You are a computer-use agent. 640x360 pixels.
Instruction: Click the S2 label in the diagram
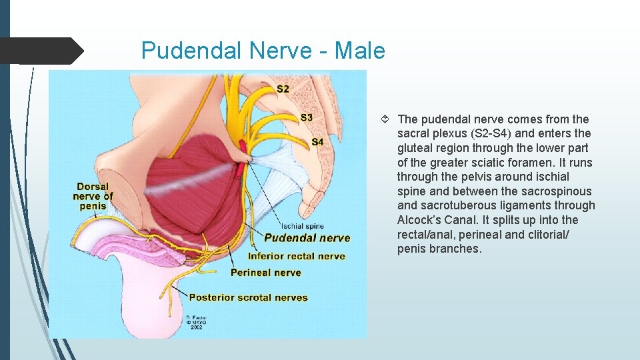[x=283, y=89]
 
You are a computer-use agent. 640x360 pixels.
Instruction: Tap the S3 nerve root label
[x=306, y=118]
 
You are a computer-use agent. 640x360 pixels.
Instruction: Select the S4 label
[x=317, y=142]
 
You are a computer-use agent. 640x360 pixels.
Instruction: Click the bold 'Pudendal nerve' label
[x=307, y=238]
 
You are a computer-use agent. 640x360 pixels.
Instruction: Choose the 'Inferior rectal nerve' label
[x=296, y=256]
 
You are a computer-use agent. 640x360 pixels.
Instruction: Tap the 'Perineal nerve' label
[x=265, y=272]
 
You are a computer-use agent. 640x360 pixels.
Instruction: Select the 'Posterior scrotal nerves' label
[x=248, y=297]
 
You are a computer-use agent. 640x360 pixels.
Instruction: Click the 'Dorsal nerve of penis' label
[x=93, y=196]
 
